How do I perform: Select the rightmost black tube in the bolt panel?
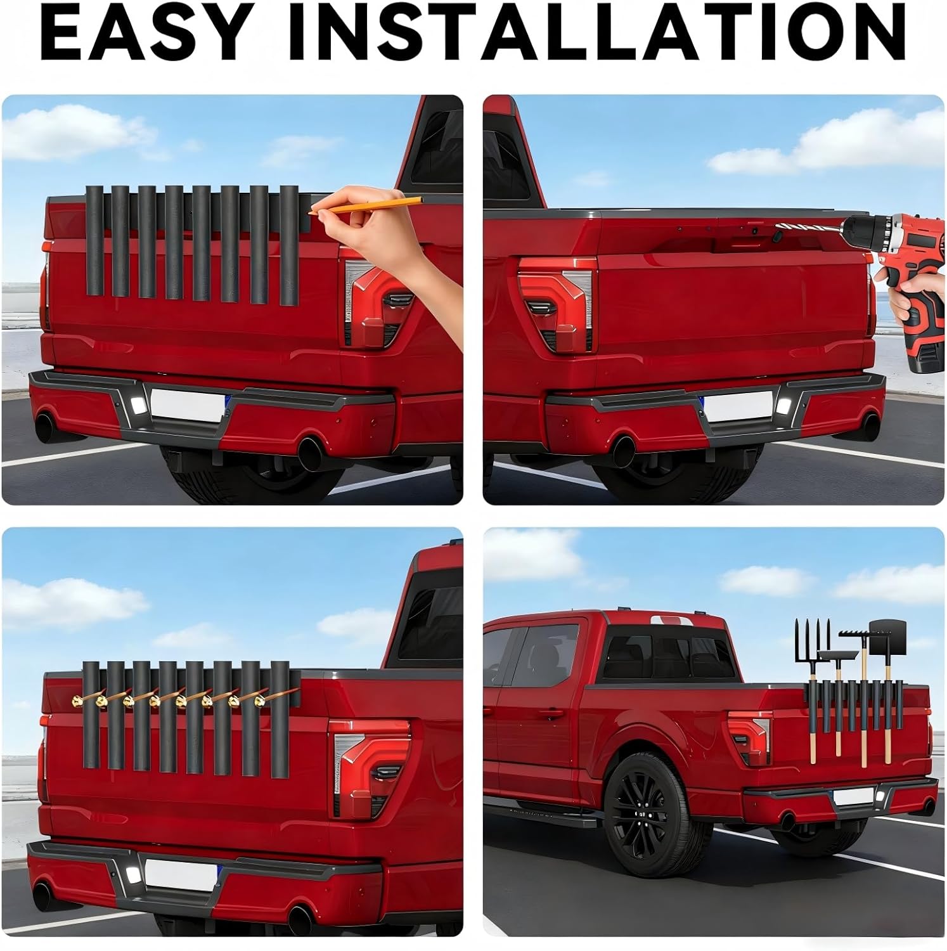280,720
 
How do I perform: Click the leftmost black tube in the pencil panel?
94,241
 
